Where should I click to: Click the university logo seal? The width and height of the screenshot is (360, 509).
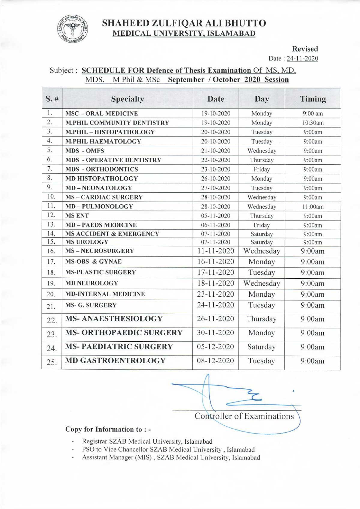72,28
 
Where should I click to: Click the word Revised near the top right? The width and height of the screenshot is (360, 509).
305,49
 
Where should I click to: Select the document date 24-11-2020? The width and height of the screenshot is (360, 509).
302,58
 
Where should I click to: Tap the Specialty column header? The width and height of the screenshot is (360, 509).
127,99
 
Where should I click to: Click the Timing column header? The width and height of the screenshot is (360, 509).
313,99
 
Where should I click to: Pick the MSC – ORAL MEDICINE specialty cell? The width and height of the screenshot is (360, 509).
102,113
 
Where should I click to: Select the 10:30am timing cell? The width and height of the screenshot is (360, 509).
313,123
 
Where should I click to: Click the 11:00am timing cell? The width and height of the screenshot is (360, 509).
313,207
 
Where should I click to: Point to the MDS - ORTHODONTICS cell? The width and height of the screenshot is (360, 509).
102,169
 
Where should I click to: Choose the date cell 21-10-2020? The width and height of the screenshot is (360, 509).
216,151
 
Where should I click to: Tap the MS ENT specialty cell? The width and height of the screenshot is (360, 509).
77,216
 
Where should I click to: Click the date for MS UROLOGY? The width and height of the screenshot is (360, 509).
216,242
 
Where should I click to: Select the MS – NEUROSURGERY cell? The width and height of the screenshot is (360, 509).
100,251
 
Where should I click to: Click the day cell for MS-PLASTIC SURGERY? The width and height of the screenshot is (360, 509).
262,272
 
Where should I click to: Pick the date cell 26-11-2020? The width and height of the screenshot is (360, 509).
215,319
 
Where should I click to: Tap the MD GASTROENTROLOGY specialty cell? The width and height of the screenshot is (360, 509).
115,361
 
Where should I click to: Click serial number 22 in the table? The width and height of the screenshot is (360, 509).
52,321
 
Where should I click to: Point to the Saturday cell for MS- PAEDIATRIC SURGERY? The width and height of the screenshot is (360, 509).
261,347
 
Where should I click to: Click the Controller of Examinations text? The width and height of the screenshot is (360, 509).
244,416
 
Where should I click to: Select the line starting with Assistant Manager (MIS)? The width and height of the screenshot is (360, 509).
171,457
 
